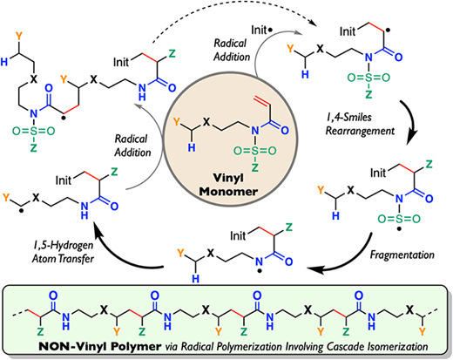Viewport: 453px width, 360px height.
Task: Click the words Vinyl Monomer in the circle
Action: click(x=229, y=185)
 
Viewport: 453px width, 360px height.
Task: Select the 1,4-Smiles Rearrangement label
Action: click(x=360, y=124)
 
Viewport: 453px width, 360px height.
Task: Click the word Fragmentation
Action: click(x=402, y=255)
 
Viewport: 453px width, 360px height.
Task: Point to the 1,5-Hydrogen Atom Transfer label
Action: click(x=63, y=252)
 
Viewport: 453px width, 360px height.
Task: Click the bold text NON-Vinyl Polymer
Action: click(x=99, y=346)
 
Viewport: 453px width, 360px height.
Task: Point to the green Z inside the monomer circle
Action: click(x=254, y=167)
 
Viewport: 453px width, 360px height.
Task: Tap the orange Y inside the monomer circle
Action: click(x=177, y=122)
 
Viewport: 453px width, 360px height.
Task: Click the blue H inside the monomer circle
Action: click(x=192, y=148)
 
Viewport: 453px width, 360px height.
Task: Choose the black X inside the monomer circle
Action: click(x=206, y=122)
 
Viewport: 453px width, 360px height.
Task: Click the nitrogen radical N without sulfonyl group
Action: click(x=259, y=262)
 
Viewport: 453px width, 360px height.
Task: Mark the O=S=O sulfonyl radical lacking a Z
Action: click(x=399, y=218)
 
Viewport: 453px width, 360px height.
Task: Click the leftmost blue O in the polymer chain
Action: click(x=53, y=295)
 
